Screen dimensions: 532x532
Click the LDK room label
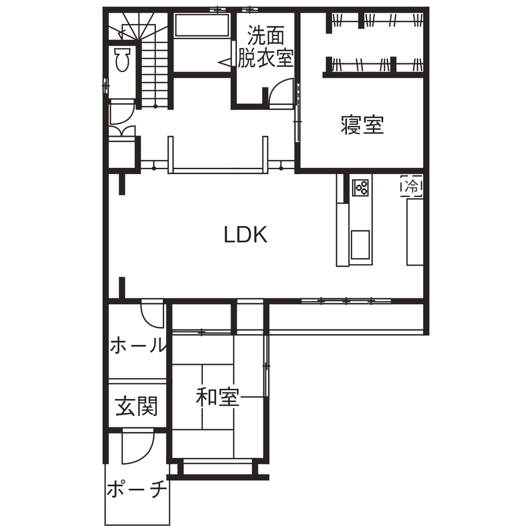246,235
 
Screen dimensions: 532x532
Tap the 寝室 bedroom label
362,125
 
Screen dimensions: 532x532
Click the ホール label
138,346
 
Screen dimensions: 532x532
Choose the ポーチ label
136,490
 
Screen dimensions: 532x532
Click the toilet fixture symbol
123,60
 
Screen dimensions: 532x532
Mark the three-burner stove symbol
362,187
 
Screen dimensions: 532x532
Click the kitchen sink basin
361,244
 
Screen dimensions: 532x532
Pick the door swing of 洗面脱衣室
281,94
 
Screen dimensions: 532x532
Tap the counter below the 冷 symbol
414,231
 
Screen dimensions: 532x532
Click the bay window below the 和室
216,469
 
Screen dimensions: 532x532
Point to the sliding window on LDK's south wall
346,301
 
